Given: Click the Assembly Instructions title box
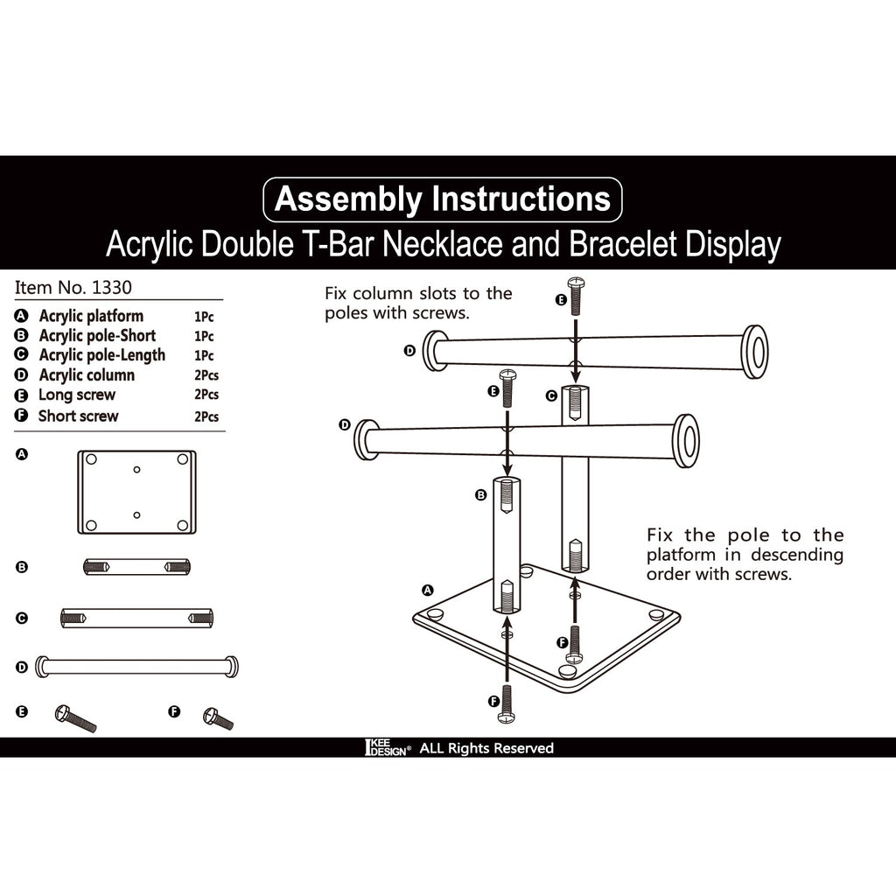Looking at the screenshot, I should pyautogui.click(x=442, y=199).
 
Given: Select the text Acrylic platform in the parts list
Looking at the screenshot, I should pyautogui.click(x=91, y=316).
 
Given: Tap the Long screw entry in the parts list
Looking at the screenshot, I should pyautogui.click(x=77, y=395).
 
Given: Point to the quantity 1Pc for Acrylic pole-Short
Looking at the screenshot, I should pyautogui.click(x=204, y=336).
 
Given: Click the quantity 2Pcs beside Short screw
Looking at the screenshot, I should pyautogui.click(x=206, y=416).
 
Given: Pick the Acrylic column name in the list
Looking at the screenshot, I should pyautogui.click(x=87, y=375).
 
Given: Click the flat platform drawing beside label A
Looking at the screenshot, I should pyautogui.click(x=136, y=492).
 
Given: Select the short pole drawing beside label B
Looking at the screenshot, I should pyautogui.click(x=136, y=567).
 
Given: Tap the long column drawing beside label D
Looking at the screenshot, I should pyautogui.click(x=136, y=667).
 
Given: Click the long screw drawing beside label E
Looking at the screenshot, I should pyautogui.click(x=75, y=718).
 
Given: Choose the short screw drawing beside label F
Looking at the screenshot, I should pyautogui.click(x=218, y=718).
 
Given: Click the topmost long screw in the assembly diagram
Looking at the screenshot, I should pyautogui.click(x=575, y=295).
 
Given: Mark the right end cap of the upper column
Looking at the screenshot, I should pyautogui.click(x=754, y=351).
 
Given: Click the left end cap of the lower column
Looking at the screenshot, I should pyautogui.click(x=367, y=439).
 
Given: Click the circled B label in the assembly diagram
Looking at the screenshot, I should pyautogui.click(x=480, y=495).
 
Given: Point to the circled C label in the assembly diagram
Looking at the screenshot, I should pyautogui.click(x=551, y=395).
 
